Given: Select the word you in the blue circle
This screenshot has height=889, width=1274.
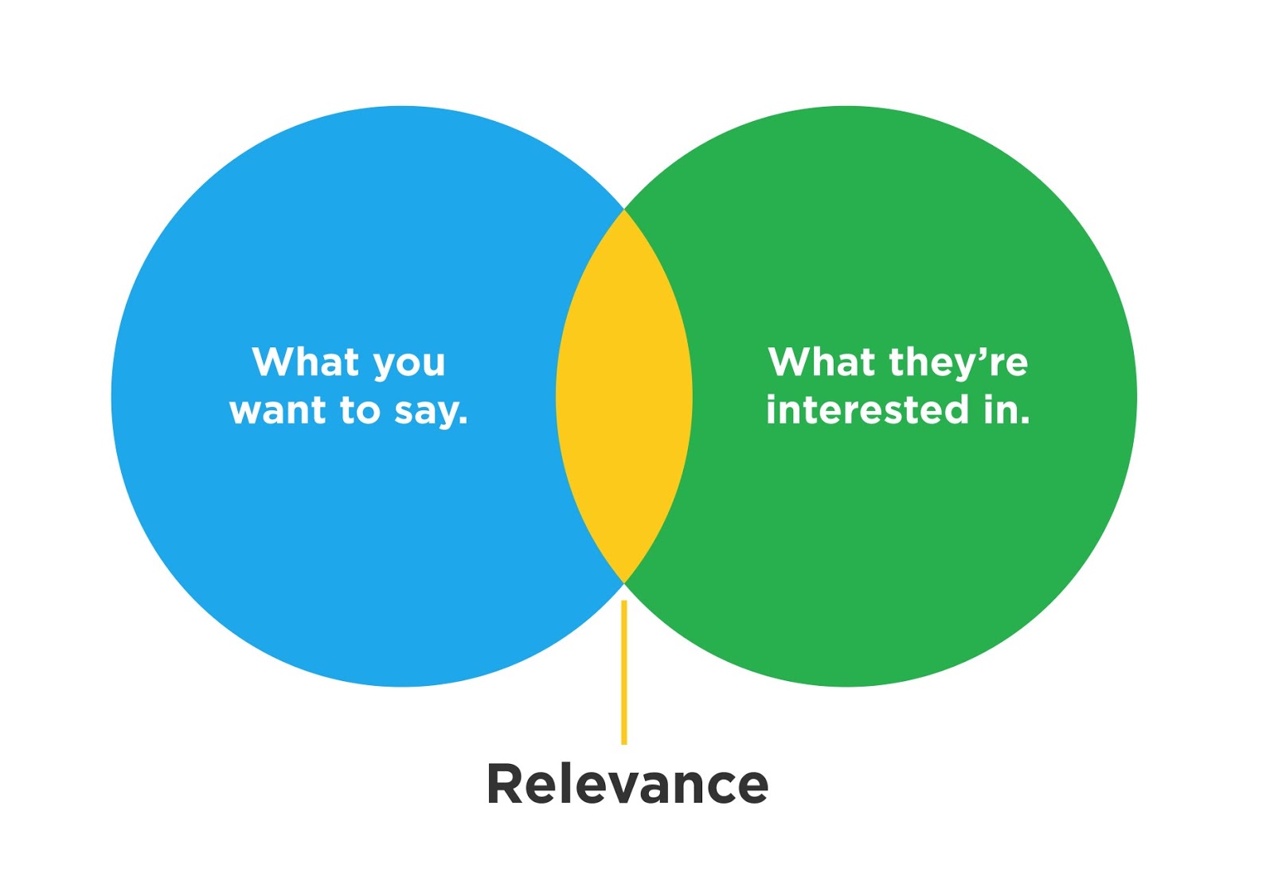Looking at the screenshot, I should (409, 364).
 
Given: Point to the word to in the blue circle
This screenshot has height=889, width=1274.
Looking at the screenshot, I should (360, 411).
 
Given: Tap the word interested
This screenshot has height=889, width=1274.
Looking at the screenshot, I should (867, 410).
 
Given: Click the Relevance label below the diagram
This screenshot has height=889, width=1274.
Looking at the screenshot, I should (627, 785).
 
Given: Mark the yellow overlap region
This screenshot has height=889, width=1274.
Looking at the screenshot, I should (624, 397).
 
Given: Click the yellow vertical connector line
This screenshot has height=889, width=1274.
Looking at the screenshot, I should (624, 673).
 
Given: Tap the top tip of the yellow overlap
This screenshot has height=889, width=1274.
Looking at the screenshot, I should (624, 213).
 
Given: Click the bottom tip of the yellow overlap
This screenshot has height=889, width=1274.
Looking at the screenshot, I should (624, 580).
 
